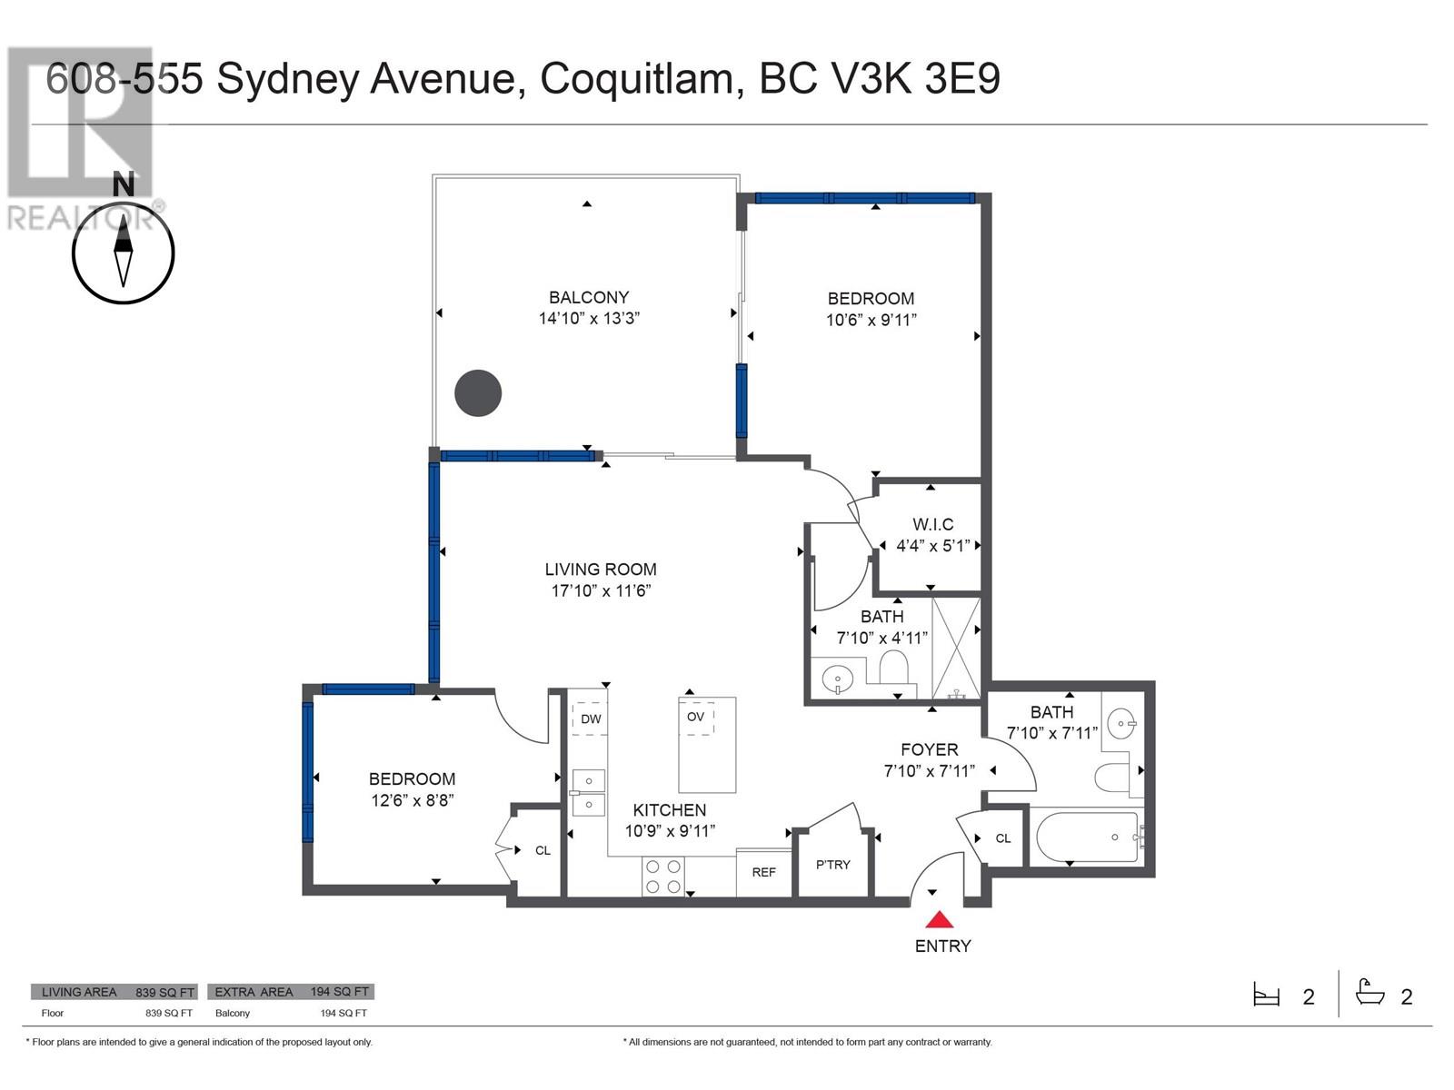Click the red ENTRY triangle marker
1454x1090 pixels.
(939, 919)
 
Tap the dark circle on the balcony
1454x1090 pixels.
(478, 393)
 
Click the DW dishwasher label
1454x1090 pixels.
(591, 719)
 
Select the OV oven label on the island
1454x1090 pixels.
(695, 717)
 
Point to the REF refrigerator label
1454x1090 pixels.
(763, 872)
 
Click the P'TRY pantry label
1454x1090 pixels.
(832, 865)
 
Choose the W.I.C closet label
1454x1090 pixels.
(932, 524)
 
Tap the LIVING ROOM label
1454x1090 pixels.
(601, 570)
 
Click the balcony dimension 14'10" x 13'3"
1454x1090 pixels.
(589, 318)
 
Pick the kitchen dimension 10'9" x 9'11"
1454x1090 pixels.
(670, 830)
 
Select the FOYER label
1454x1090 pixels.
(930, 749)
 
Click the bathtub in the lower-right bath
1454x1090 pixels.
(1090, 837)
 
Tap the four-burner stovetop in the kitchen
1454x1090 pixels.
(663, 877)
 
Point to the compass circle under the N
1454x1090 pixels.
(124, 253)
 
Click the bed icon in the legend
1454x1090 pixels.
(1266, 995)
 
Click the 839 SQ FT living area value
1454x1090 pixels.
(165, 992)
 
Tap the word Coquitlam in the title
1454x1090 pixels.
(637, 81)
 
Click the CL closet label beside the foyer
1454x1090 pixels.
(1003, 838)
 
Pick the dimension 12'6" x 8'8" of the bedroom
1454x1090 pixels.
(412, 800)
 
